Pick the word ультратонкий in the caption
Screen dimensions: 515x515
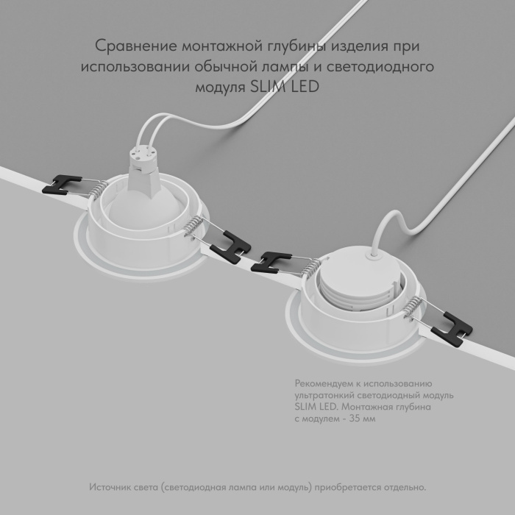[324, 395]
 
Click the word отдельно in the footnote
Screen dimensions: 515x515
[405, 488]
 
